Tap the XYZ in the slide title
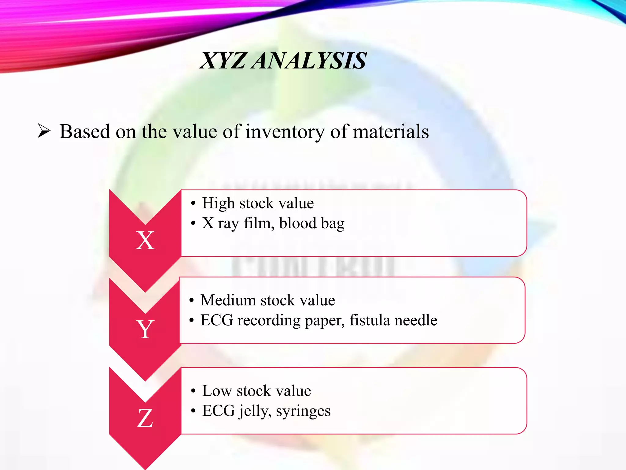(x=223, y=61)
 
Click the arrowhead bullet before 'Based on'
(x=44, y=131)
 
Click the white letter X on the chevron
(x=145, y=241)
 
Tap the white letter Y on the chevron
(x=145, y=329)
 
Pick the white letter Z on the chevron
(x=145, y=418)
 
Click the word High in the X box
(x=218, y=203)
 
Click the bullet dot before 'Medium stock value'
(x=192, y=300)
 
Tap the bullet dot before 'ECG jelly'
(x=193, y=411)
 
